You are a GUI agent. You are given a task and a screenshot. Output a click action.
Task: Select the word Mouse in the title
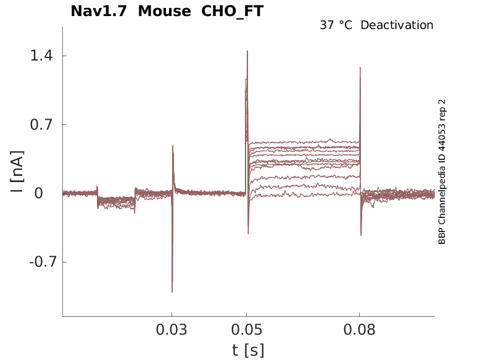[164, 11]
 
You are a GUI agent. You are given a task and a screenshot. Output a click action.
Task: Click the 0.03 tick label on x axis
[172, 330]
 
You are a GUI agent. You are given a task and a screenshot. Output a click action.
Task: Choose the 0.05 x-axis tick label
[247, 330]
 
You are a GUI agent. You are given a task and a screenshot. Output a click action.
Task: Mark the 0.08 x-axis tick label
[360, 330]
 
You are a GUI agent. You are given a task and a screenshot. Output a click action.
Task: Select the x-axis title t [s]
[248, 350]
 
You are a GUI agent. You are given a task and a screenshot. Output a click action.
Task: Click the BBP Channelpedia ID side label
[442, 171]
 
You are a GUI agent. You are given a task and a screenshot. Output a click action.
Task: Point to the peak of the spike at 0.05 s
[247, 51]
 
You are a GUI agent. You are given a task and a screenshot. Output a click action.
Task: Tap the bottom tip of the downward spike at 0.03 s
[172, 291]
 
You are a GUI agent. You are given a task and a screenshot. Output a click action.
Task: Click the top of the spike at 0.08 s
[360, 68]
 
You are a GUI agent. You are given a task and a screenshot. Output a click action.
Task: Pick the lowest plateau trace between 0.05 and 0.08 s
[302, 196]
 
